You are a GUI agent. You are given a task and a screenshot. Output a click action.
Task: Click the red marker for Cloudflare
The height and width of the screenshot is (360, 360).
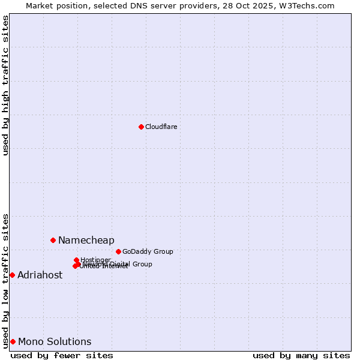coord(141,127)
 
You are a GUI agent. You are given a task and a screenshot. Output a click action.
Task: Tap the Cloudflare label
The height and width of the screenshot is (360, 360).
coord(161,127)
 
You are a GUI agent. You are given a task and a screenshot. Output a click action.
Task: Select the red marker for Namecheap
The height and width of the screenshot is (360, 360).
coord(53,240)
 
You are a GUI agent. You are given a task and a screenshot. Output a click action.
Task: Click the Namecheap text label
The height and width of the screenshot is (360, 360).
coord(86,241)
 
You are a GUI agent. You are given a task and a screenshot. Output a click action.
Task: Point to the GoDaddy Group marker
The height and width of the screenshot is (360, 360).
coord(118,251)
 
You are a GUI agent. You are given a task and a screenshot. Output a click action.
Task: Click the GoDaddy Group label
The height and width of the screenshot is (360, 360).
coord(148,251)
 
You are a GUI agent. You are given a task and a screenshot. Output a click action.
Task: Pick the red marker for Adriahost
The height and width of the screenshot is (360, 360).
coord(12,275)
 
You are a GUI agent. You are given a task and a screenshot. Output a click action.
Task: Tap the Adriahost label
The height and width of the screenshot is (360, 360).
coord(40,275)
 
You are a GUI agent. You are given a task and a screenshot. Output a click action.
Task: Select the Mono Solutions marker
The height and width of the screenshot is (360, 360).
coord(13,341)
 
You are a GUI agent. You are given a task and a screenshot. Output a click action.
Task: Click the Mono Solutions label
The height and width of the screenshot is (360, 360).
coord(55,342)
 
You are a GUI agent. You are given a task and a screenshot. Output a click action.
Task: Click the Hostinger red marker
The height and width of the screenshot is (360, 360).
coord(76,260)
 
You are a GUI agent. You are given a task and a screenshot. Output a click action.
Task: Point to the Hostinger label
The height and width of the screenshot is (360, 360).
coord(95,260)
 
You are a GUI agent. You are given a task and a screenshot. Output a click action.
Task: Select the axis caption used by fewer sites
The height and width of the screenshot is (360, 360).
coord(62,355)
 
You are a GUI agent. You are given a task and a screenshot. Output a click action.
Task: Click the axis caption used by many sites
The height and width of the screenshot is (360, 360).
coord(301,355)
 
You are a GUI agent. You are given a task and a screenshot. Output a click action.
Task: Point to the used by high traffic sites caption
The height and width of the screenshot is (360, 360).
coord(5,85)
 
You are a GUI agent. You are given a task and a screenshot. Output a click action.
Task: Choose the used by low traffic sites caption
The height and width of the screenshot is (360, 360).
coord(5,280)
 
